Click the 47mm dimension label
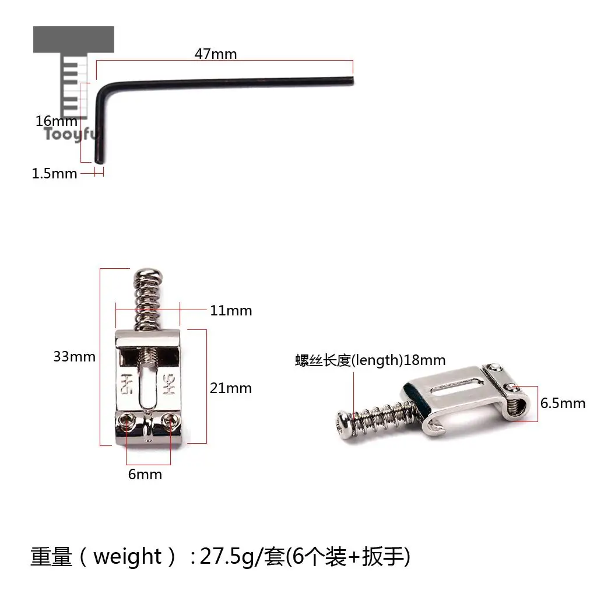pyautogui.click(x=216, y=54)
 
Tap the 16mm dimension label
pyautogui.click(x=57, y=121)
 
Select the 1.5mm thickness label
pyautogui.click(x=54, y=174)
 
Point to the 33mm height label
pyautogui.click(x=74, y=357)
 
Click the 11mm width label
pyautogui.click(x=231, y=311)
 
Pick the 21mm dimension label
pyautogui.click(x=231, y=388)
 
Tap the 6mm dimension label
pyautogui.click(x=145, y=475)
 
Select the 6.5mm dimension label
pyautogui.click(x=563, y=403)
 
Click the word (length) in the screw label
pyautogui.click(x=377, y=360)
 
